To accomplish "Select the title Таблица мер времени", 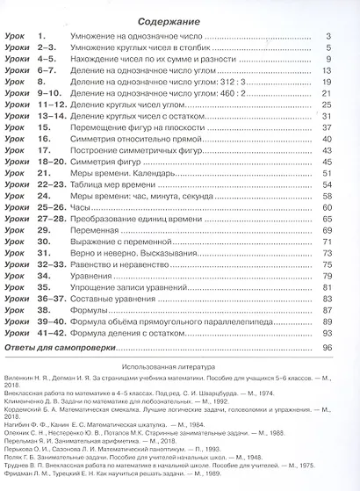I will click(x=112, y=185).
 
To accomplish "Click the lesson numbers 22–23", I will click(x=45, y=185).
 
